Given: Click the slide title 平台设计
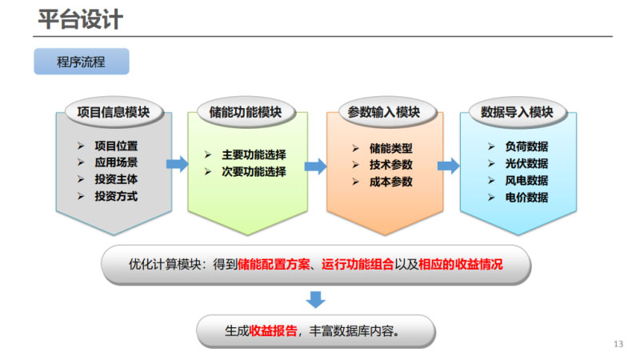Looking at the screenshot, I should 81,19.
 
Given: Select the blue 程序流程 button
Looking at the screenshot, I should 81,62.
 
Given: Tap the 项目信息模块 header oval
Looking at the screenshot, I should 113,113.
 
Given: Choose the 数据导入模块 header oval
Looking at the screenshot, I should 517,113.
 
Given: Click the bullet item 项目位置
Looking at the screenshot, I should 116,146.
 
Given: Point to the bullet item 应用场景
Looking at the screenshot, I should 116,163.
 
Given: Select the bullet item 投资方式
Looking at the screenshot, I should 116,196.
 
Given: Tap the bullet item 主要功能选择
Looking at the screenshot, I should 254,155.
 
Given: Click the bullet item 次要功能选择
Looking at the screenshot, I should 254,171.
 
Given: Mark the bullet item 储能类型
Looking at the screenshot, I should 391,149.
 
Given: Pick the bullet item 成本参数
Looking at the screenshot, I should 391,182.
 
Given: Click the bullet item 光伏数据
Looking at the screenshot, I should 527,163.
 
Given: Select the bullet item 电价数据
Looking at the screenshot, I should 527,197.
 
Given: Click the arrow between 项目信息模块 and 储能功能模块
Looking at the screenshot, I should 178,164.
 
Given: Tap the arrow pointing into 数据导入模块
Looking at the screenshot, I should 448,166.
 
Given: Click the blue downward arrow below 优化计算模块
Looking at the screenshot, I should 316,300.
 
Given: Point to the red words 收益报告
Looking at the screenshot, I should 274,330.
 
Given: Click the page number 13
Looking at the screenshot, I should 618,344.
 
